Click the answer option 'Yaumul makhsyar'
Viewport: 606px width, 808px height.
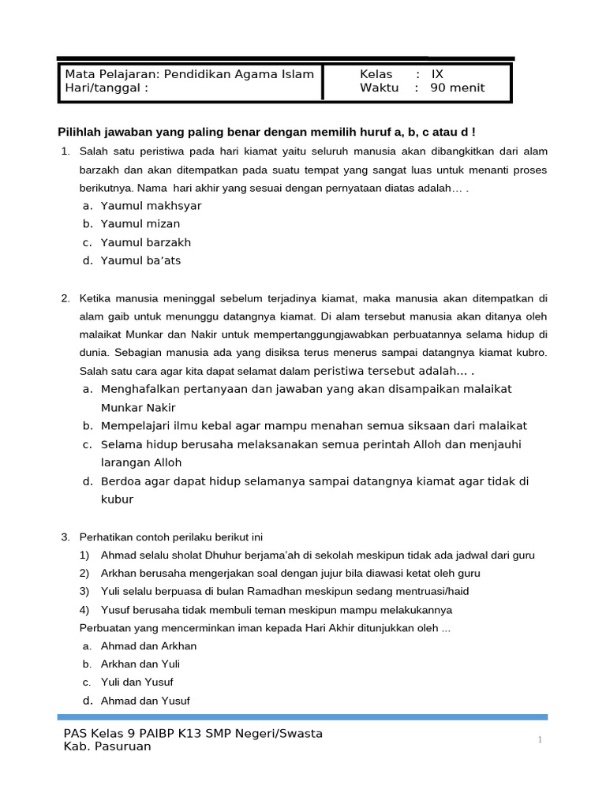tap(151, 206)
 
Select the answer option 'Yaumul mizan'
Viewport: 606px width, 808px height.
tap(140, 224)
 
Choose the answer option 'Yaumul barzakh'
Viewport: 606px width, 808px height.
tap(146, 242)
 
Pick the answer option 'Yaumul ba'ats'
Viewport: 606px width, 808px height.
tap(141, 260)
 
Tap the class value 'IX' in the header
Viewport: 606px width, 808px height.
tap(437, 74)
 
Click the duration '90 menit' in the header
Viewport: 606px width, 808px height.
tap(458, 88)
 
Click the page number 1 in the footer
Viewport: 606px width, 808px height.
tap(540, 740)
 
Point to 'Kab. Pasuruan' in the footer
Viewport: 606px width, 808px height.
tap(107, 746)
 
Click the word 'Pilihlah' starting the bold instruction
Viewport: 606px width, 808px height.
tap(81, 132)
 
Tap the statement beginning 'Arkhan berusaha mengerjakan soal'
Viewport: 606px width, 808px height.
tap(290, 573)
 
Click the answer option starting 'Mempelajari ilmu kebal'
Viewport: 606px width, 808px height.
tap(314, 425)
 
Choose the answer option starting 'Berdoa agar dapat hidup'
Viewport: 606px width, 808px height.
tap(314, 481)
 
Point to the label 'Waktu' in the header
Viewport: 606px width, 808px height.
tap(379, 88)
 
